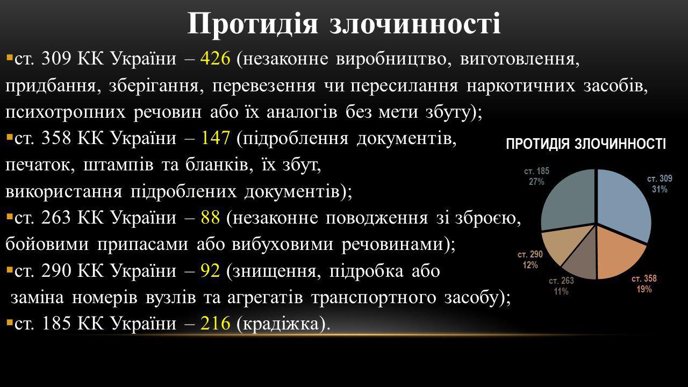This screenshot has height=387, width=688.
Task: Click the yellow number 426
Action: [215, 58]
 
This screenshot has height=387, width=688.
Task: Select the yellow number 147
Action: [216, 138]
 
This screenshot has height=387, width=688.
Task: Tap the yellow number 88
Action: [210, 218]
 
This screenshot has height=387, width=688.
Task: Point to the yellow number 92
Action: [210, 270]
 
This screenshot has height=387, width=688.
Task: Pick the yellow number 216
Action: [215, 323]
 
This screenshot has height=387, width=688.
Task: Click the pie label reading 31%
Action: [660, 189]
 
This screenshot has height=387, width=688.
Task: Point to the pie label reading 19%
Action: [644, 289]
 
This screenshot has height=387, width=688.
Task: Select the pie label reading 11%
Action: [561, 291]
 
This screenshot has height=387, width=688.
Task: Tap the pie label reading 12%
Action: [530, 265]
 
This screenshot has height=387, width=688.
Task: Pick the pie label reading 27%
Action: [536, 182]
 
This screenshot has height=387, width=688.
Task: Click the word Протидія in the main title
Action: [252, 24]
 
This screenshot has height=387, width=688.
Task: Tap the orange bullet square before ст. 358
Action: [9, 137]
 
